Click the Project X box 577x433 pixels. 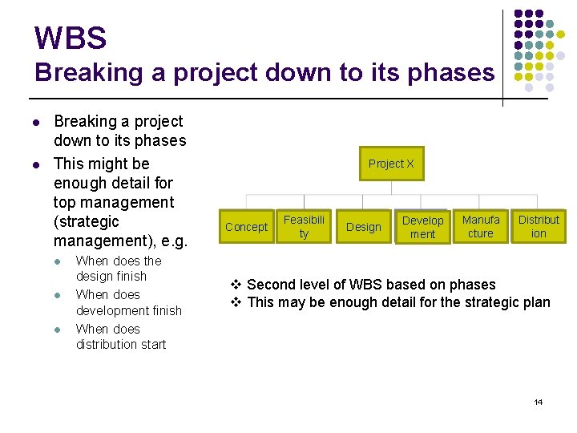(391, 164)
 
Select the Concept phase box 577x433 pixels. (246, 227)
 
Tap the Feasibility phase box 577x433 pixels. (305, 226)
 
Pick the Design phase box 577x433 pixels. (363, 227)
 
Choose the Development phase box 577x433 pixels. (422, 227)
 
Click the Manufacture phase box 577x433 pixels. (481, 226)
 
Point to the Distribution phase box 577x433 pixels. (539, 226)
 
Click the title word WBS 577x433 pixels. (71, 38)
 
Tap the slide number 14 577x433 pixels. (539, 402)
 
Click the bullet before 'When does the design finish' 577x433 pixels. (58, 261)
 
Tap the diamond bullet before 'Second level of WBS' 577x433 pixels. (236, 285)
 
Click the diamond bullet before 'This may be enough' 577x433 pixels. (236, 302)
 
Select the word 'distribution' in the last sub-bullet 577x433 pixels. (108, 344)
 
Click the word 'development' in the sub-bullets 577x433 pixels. (129, 310)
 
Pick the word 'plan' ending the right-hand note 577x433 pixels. (536, 302)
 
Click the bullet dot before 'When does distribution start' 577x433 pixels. (58, 330)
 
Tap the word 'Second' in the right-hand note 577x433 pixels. (271, 285)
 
